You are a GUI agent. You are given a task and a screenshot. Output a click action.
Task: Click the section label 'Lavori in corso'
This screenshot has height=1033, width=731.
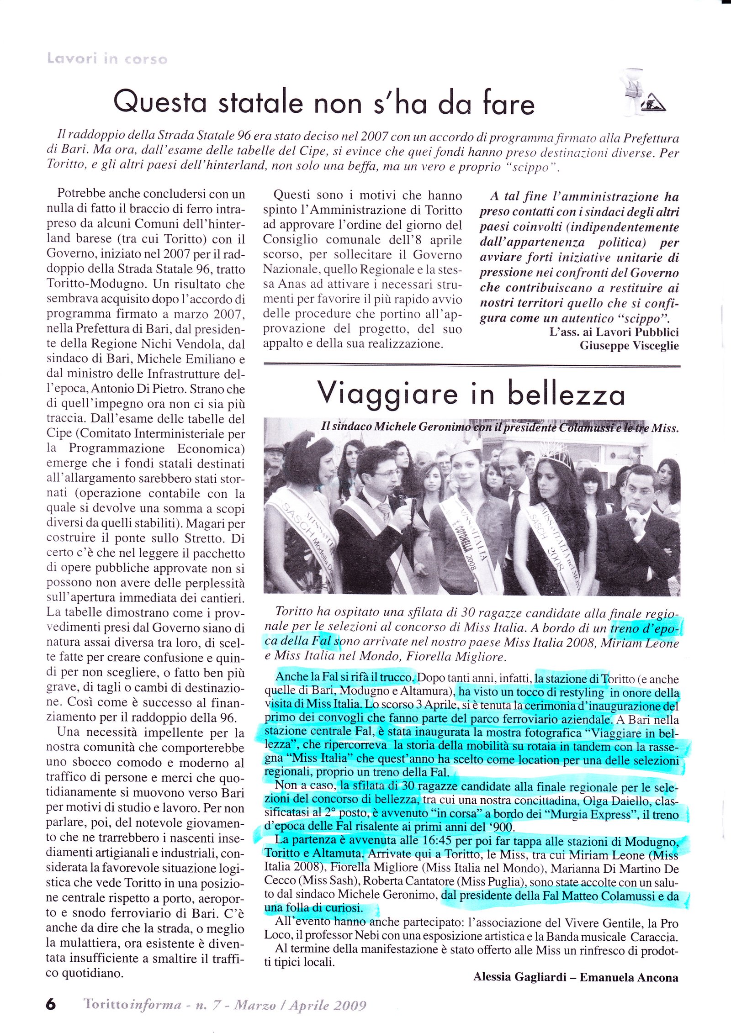[x=107, y=59]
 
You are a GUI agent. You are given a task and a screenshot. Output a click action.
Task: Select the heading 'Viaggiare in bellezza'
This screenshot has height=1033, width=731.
[x=471, y=394]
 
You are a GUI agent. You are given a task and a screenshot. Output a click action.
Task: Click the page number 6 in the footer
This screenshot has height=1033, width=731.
[x=51, y=1005]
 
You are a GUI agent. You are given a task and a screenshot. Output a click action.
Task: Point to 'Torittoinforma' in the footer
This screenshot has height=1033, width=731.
[x=133, y=1005]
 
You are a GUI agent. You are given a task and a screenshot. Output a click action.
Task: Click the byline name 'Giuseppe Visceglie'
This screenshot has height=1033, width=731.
[x=629, y=346]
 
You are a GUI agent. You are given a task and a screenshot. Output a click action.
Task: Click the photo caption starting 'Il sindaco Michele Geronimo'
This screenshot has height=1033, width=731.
[x=500, y=427]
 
